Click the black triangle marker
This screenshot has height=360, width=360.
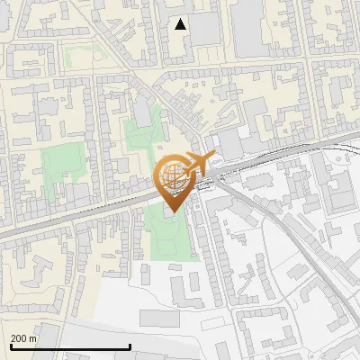click(181, 24)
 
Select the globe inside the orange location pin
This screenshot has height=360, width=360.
click(173, 175)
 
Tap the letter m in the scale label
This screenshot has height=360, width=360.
click(33, 337)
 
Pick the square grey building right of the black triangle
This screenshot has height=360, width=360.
click(204, 29)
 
